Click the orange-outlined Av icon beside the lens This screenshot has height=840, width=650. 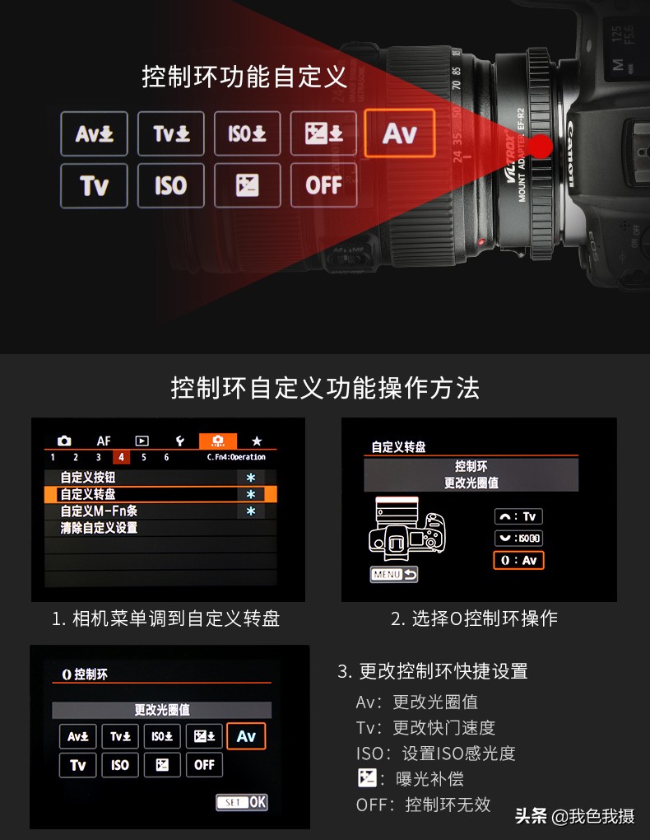(x=399, y=133)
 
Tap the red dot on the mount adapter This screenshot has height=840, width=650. (x=541, y=147)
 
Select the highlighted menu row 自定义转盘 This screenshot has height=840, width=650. (x=160, y=494)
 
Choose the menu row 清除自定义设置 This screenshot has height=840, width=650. (x=99, y=528)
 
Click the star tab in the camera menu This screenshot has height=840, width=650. (x=257, y=441)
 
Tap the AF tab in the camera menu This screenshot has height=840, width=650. (x=104, y=441)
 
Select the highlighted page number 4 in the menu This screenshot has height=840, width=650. (x=121, y=457)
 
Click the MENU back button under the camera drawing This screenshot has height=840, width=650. (x=394, y=574)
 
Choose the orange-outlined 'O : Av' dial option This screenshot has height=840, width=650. (x=518, y=560)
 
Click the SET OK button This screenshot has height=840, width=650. (x=242, y=801)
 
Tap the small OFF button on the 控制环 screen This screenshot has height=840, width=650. (x=204, y=765)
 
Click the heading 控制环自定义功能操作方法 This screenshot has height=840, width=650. (x=324, y=387)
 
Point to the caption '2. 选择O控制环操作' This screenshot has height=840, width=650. (x=474, y=618)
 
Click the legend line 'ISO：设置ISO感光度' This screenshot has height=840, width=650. (x=435, y=754)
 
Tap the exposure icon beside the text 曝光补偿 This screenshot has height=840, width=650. (x=366, y=778)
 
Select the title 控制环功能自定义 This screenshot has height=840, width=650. (x=244, y=77)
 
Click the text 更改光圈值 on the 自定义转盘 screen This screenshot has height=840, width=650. (x=471, y=483)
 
